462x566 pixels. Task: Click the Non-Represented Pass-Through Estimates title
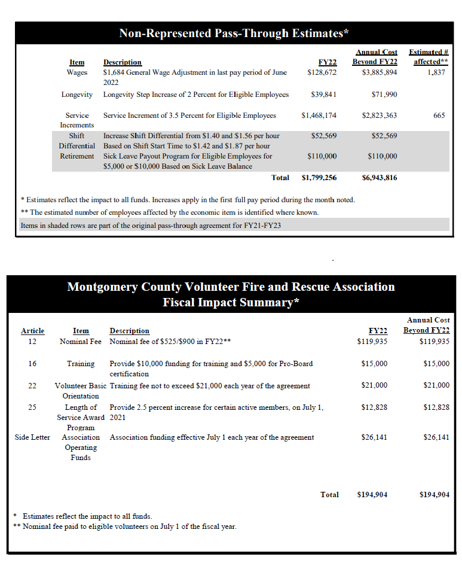click(x=234, y=33)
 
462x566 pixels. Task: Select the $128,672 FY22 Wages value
click(x=322, y=72)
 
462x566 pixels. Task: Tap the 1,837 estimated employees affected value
click(x=436, y=72)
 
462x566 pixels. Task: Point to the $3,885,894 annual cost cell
click(x=380, y=72)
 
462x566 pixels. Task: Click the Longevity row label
click(x=77, y=95)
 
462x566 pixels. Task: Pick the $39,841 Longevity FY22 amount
click(x=324, y=95)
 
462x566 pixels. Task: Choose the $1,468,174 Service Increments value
click(x=319, y=115)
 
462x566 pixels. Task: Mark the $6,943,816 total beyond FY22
click(x=380, y=178)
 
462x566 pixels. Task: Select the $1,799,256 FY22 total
click(x=319, y=178)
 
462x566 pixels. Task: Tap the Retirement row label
click(x=77, y=156)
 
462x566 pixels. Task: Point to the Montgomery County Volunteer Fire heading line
click(x=231, y=287)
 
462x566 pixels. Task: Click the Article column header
click(x=32, y=331)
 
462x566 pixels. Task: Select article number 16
click(x=32, y=364)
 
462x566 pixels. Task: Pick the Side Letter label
click(x=32, y=437)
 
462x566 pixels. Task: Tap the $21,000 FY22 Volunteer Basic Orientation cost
click(x=374, y=385)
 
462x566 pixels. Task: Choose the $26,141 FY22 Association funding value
click(x=374, y=437)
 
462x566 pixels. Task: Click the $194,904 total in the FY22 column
click(x=372, y=495)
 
